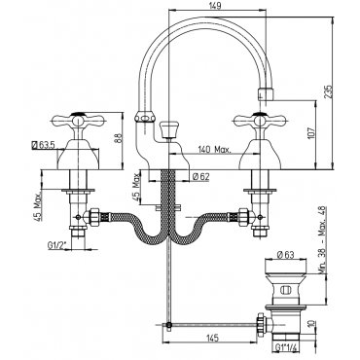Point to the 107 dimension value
310,133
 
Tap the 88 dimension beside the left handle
119,138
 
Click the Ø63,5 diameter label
44,144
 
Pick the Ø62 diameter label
201,176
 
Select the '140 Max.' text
214,150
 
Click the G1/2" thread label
57,246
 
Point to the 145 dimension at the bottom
212,338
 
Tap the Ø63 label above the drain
285,255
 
